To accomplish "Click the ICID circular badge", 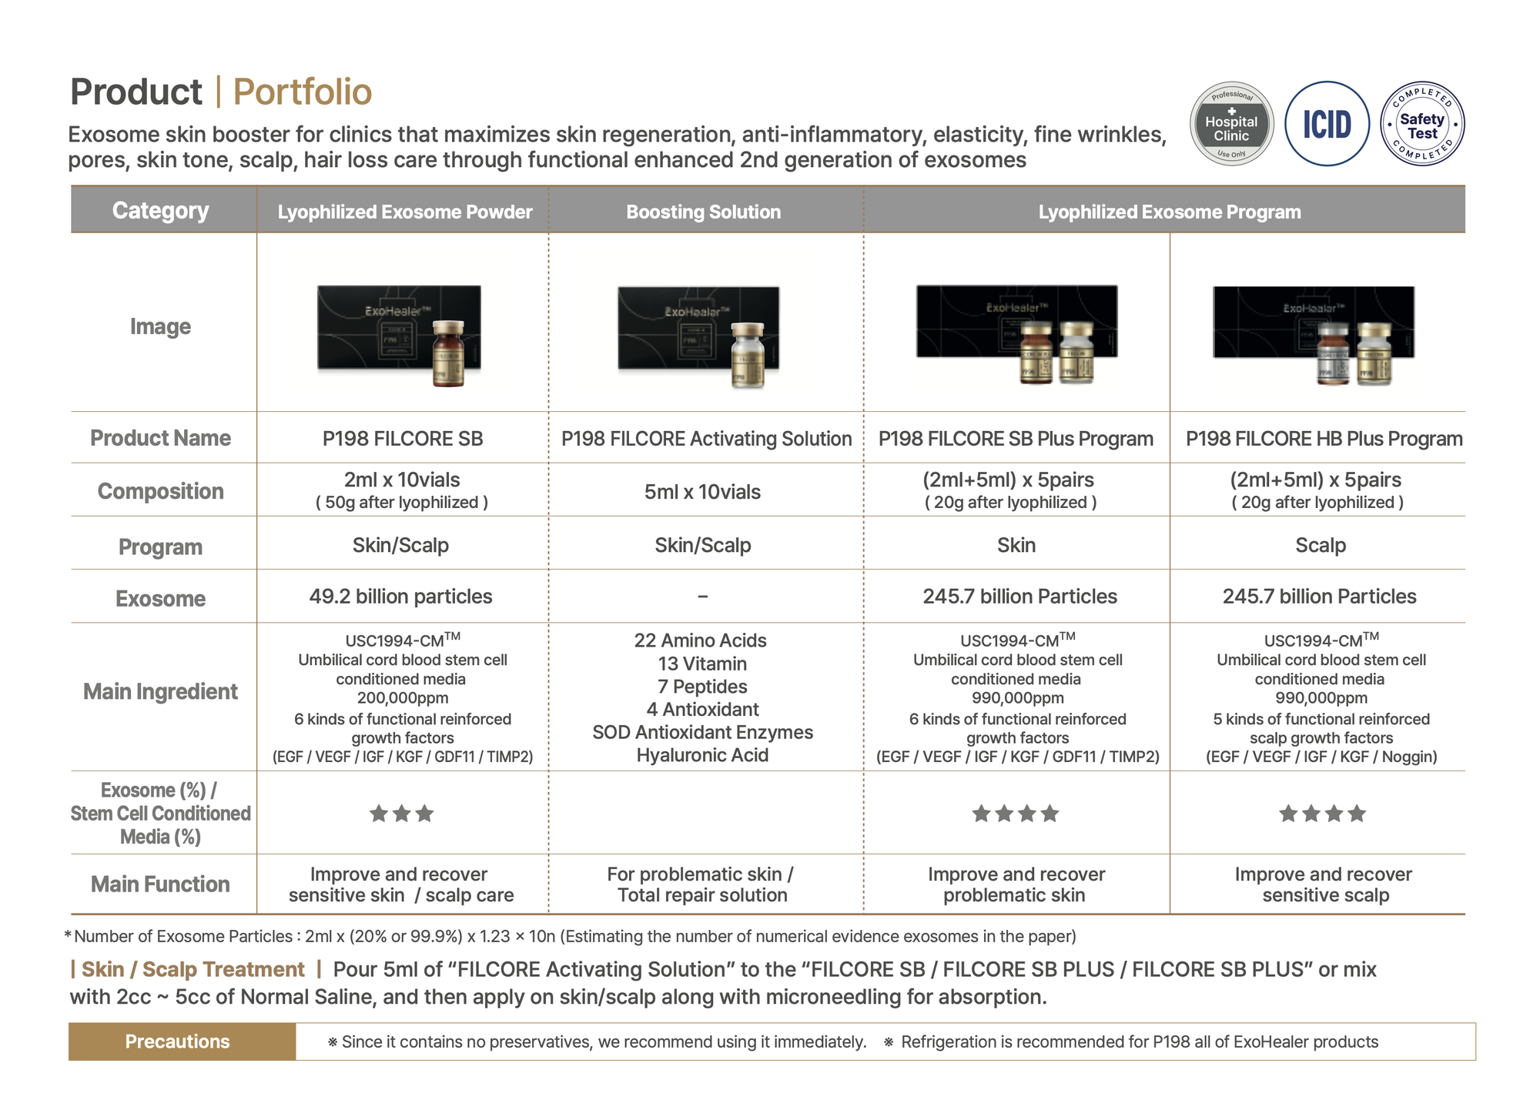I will point(1327,124).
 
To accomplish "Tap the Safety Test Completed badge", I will point(1421,124).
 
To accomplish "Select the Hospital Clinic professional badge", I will point(1231,124).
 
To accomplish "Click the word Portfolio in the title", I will point(302,92).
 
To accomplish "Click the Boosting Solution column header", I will point(703,212).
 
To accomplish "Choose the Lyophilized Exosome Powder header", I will point(404,212).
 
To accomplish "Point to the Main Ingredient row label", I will point(160,691).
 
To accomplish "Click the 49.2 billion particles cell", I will point(400,597).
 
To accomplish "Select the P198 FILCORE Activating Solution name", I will point(706,439).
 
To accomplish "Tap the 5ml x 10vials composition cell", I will point(702,492).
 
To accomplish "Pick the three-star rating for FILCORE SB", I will point(401,814).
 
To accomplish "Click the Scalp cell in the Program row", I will point(1320,546).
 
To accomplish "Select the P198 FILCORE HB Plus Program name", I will point(1324,439).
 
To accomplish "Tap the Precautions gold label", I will point(178,1041).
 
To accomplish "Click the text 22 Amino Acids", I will point(700,640).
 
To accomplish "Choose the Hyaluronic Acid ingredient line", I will point(702,755).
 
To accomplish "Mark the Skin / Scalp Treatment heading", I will point(192,969).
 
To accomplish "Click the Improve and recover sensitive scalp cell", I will point(1324,884).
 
